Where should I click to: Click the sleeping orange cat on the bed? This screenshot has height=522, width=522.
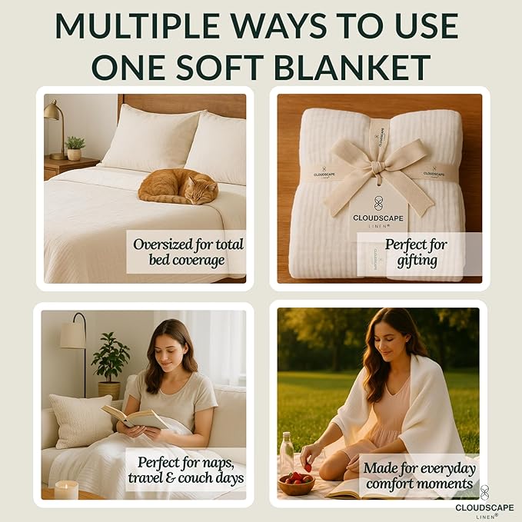point(178,186)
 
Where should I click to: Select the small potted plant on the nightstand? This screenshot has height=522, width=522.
point(75,148)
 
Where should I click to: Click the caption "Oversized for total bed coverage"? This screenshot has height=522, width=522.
point(188,252)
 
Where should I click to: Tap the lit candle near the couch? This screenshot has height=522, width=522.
point(66,490)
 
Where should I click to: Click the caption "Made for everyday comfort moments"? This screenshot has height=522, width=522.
point(420,475)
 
